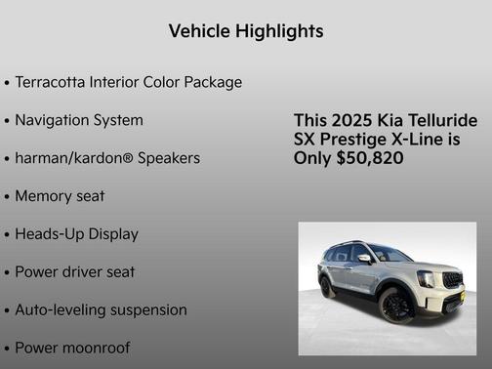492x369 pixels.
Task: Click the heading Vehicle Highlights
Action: (246, 31)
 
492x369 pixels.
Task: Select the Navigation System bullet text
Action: (79, 120)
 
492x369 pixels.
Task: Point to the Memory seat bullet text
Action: (60, 196)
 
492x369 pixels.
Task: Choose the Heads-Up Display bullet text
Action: (76, 234)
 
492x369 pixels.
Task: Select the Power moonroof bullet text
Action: (72, 348)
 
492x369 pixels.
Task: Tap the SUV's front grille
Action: (452, 281)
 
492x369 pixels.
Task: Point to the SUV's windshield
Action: (389, 255)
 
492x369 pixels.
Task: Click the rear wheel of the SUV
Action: (328, 288)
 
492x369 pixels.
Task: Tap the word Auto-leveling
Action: (57, 310)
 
